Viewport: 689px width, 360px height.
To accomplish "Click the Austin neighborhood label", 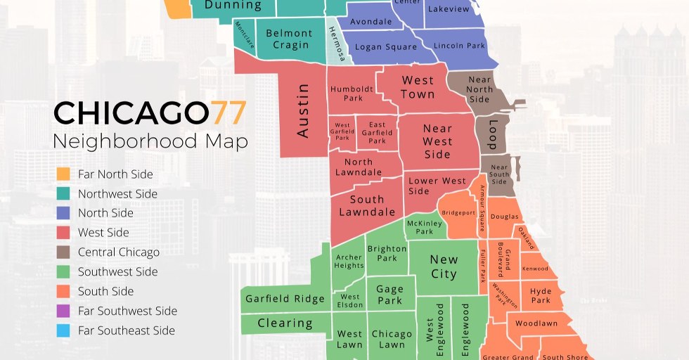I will tap(303, 110).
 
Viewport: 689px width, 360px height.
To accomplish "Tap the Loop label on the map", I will tap(491, 134).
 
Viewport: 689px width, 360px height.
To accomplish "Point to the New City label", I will tap(444, 266).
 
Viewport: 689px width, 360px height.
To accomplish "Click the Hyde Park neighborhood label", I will tap(541, 295).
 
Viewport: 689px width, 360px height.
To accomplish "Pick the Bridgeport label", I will tap(459, 212).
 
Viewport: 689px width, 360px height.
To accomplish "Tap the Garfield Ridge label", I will tap(285, 299).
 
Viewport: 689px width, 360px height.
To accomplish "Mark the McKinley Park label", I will tap(425, 227).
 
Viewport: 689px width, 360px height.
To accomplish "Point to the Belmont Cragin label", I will tap(288, 39).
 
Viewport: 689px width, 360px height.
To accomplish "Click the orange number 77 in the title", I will tap(228, 113).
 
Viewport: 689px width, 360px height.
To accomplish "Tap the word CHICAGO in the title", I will tap(131, 113).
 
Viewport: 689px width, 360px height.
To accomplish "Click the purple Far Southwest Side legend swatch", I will tap(63, 311).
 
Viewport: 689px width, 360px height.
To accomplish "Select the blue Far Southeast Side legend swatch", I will tap(63, 330).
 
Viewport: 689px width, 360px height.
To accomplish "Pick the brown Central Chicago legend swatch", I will tap(63, 252).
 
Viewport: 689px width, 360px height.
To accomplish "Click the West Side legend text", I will tap(103, 233).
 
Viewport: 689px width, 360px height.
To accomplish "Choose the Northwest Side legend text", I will tap(117, 193).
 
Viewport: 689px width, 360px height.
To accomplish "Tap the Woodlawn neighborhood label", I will tap(536, 324).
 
